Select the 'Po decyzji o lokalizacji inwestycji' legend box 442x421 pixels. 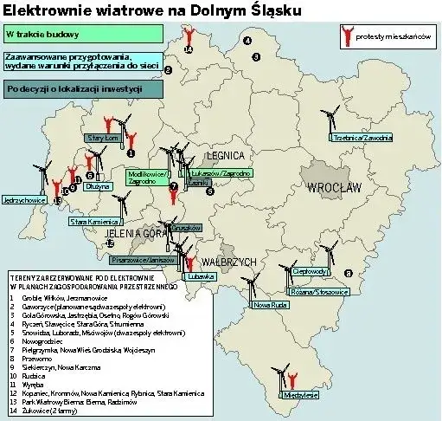click(84, 88)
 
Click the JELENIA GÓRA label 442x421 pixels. click(131, 233)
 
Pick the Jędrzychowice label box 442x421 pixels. click(25, 200)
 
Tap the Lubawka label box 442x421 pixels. click(198, 277)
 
